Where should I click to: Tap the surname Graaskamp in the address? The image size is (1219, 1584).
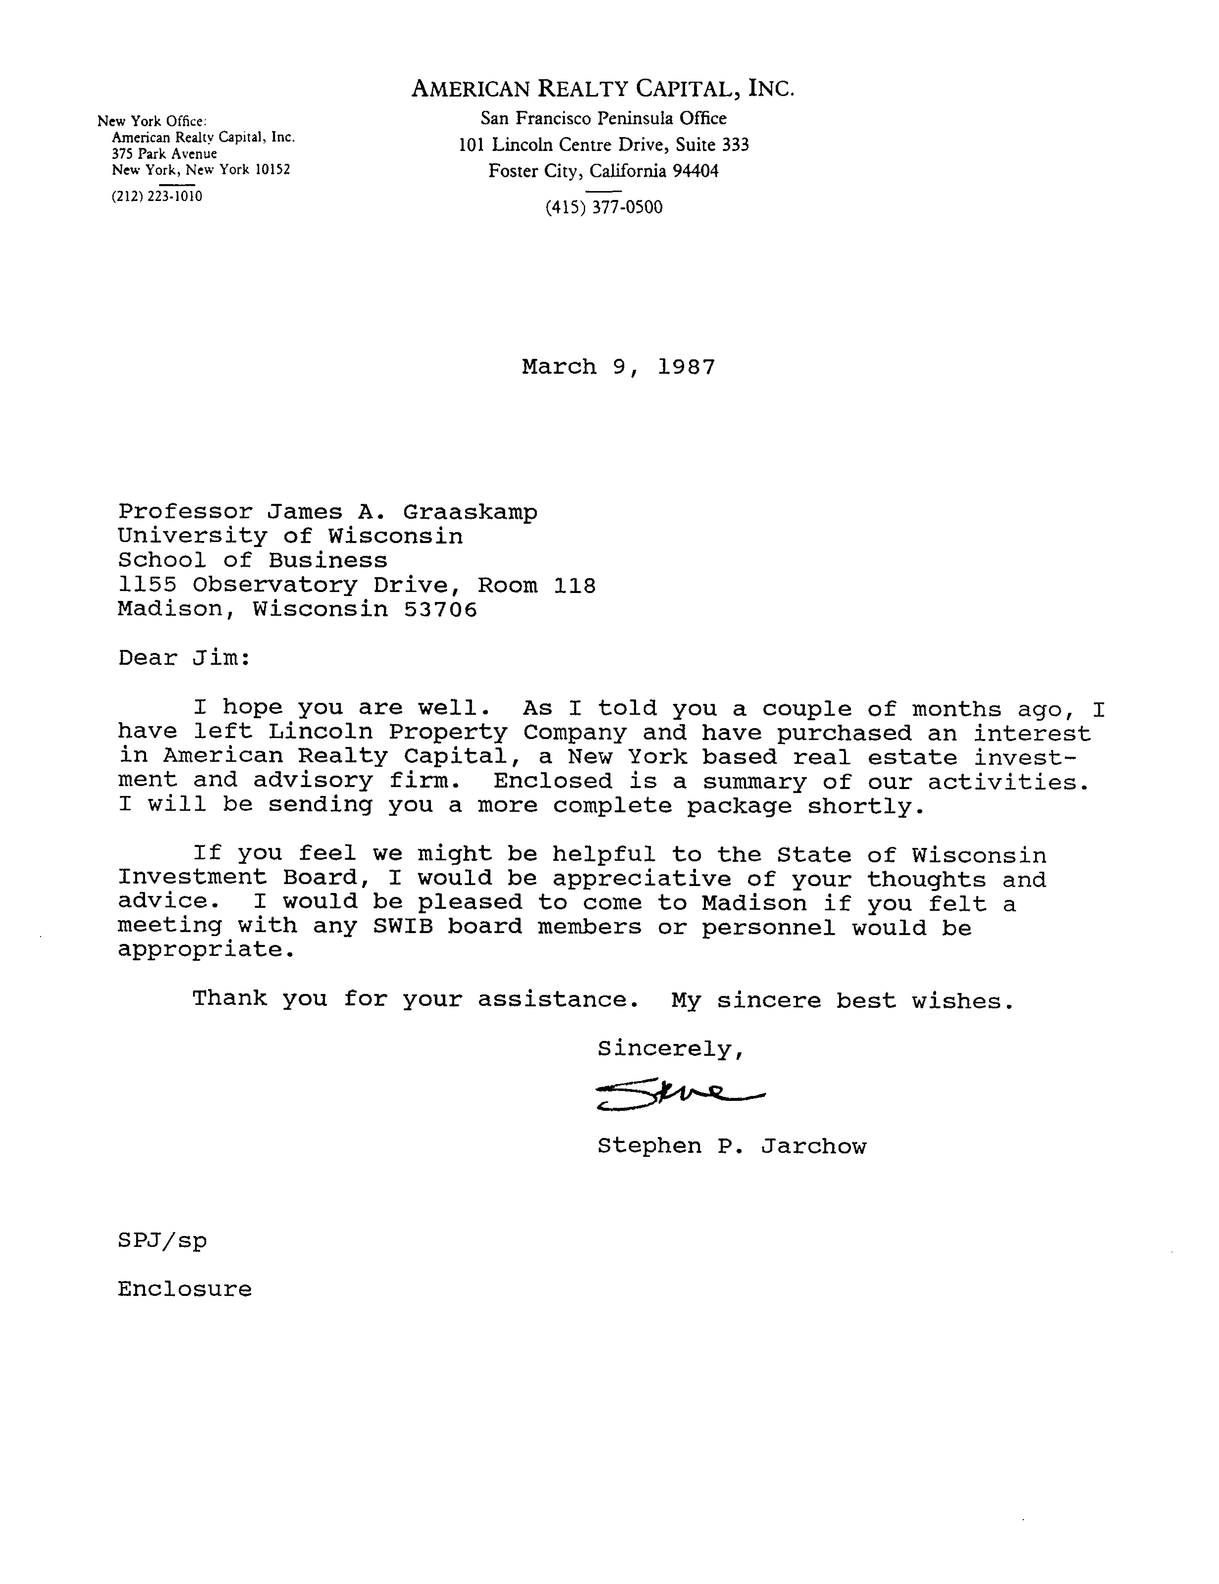click(470, 512)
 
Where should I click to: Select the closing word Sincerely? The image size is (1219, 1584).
click(669, 1049)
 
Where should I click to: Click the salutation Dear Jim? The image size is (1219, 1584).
click(184, 658)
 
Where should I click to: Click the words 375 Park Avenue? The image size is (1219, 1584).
click(164, 154)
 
